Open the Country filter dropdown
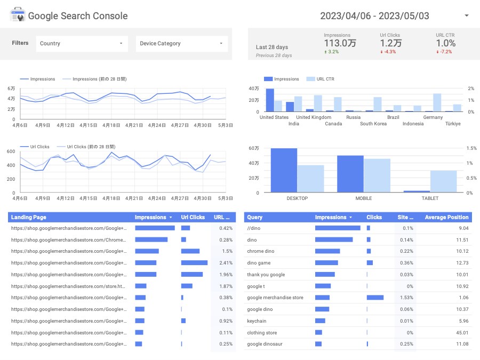82,44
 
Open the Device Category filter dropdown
181,44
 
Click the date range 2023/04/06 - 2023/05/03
374,16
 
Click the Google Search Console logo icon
17,15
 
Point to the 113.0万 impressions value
340,43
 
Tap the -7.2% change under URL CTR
444,52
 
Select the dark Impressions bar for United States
270,100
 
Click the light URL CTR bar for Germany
437,102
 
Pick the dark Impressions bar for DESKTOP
284,170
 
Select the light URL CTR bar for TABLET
443,181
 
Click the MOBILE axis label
364,198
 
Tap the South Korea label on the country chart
373,124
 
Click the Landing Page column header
28,218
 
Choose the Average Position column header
446,218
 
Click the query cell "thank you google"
266,275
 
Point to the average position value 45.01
462,333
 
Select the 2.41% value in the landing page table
226,263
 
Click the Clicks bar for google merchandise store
375,298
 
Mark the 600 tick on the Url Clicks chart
11,151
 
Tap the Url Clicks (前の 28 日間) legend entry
86,147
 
